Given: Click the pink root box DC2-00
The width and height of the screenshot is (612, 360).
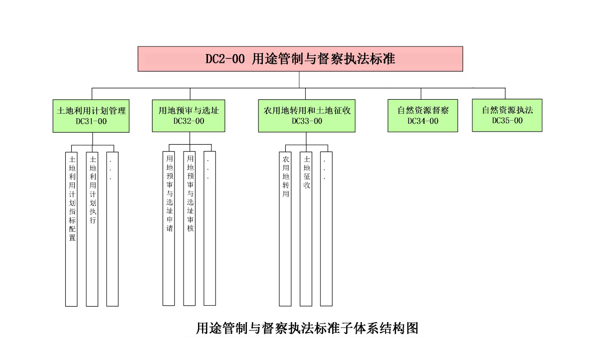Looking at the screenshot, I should tap(300, 59).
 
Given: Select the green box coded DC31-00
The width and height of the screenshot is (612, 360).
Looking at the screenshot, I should tap(91, 116).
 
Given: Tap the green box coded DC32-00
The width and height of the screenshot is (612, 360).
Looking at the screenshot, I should tap(189, 116).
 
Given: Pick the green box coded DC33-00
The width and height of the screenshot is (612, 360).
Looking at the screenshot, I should tap(307, 116).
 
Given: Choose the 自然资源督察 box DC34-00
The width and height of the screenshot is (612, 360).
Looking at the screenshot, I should tap(423, 116).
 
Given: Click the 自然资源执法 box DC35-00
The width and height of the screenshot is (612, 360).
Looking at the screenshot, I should tap(507, 115).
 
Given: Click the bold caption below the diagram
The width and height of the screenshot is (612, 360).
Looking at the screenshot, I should tap(307, 328).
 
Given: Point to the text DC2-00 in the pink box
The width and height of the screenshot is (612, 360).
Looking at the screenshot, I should tap(225, 59).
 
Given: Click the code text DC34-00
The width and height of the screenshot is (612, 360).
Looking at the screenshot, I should tap(423, 121).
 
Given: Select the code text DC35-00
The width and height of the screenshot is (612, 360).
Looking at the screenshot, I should tap(507, 120).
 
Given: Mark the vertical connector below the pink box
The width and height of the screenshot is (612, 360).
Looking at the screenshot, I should tap(299, 80).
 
